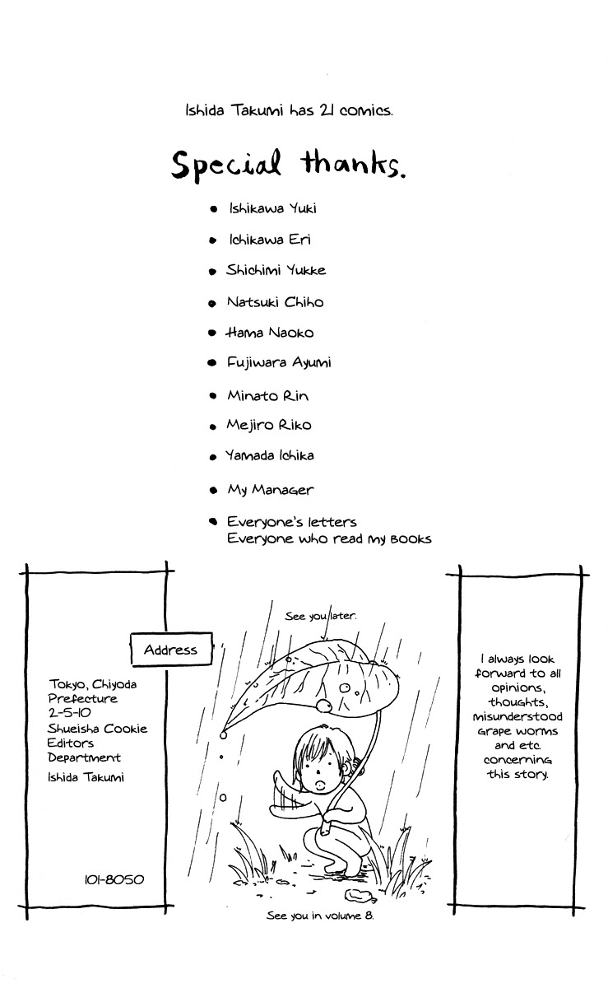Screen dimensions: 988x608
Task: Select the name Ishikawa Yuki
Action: point(272,208)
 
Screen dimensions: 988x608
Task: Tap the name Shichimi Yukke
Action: point(276,270)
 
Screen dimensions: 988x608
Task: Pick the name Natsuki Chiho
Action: point(275,302)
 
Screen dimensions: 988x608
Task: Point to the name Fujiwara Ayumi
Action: point(279,363)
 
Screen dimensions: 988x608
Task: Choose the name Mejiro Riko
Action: point(269,426)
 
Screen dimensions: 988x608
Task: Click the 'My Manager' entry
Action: point(270,490)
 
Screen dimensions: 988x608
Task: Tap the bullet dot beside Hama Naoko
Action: point(211,333)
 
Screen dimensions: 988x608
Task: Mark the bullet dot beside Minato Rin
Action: point(211,396)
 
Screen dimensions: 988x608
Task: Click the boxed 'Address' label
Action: point(170,650)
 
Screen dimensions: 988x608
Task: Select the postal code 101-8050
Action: point(114,879)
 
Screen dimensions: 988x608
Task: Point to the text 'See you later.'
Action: point(321,616)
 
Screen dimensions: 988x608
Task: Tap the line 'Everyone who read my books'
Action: point(329,539)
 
